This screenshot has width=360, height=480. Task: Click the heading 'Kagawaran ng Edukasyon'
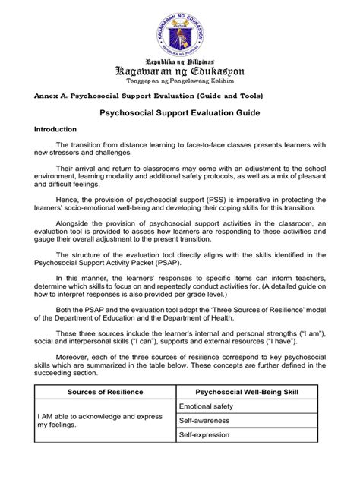click(180, 70)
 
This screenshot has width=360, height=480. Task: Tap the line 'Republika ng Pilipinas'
click(180, 58)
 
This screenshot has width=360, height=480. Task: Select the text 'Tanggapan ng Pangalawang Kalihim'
click(180, 81)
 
